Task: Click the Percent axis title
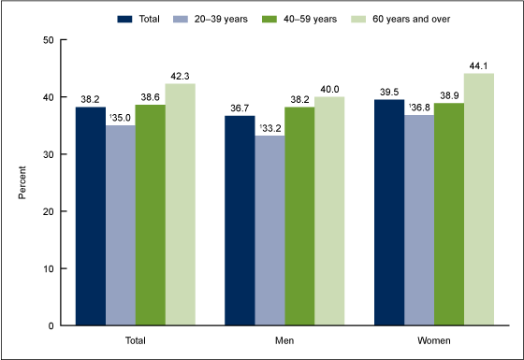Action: [x=23, y=183]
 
